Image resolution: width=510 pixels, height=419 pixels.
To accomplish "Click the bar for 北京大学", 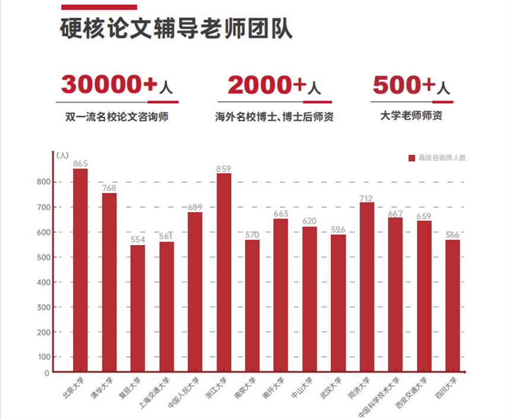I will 80,271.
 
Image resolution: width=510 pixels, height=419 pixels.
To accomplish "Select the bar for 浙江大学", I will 224,273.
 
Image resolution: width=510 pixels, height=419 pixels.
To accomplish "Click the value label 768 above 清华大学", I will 109,188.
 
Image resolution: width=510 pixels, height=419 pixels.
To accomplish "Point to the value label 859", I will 224,169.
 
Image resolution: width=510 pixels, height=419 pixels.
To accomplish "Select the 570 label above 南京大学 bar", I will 252,235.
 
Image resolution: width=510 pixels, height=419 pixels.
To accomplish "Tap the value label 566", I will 452,235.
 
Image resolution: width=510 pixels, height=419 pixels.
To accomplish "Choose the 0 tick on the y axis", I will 47,373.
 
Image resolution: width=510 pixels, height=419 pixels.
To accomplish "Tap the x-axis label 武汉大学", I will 330,389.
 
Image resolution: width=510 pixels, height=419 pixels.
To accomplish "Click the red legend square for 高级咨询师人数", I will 412,158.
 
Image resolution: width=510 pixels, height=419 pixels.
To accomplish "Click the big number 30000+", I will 109,85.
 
